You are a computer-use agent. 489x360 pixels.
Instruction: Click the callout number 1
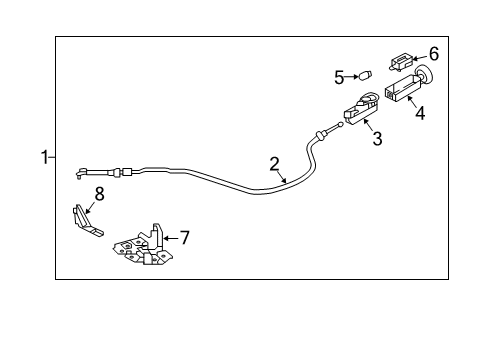tap(44, 157)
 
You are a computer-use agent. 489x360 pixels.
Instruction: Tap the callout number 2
tap(274, 164)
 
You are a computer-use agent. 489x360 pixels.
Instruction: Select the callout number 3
tap(377, 139)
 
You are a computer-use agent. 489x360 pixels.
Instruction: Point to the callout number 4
tap(420, 113)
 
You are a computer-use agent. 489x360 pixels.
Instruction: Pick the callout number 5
tap(339, 78)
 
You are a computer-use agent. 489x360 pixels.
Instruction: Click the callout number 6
tap(434, 54)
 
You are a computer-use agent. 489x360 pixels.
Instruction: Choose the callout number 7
tap(184, 237)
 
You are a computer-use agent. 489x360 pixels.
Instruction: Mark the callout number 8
tap(100, 194)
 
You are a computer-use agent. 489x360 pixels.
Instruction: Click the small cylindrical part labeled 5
tap(365, 75)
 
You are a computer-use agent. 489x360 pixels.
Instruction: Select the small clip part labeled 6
tap(401, 62)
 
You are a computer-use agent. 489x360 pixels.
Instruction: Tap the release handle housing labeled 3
tap(361, 108)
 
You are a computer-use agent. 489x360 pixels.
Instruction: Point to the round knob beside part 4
tap(424, 75)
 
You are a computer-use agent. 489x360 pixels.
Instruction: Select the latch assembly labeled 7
tap(143, 247)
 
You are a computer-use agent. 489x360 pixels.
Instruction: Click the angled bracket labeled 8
tap(87, 222)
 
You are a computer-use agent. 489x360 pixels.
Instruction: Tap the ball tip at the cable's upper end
tap(340, 125)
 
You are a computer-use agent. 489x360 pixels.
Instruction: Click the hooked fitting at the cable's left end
tap(80, 173)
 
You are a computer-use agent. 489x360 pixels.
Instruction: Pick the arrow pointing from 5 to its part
tap(351, 77)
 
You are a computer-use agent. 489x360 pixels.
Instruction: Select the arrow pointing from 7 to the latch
tap(171, 238)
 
